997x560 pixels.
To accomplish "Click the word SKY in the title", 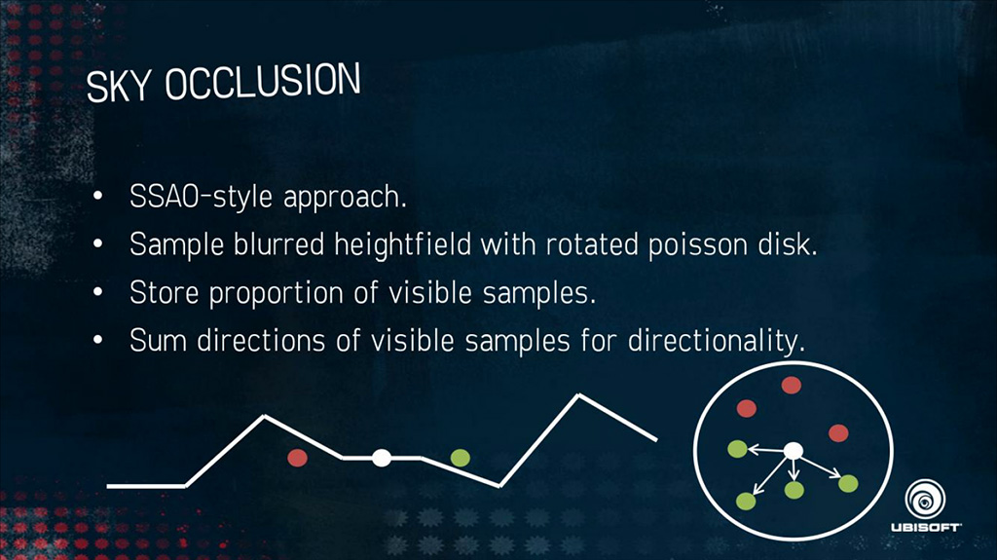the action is pyautogui.click(x=119, y=87).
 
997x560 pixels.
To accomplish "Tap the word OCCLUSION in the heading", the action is pyautogui.click(x=263, y=81).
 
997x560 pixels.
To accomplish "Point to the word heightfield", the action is pyautogui.click(x=402, y=244).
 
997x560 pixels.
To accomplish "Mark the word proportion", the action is pyautogui.click(x=276, y=293).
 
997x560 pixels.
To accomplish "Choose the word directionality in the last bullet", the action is pyautogui.click(x=716, y=341).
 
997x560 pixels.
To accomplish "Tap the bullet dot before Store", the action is pyautogui.click(x=97, y=292).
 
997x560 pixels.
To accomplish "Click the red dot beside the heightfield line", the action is pyautogui.click(x=297, y=458).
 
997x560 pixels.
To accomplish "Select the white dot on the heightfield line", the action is pyautogui.click(x=382, y=458).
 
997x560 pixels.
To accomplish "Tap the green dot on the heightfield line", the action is pyautogui.click(x=461, y=458).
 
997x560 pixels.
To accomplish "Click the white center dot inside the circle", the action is pyautogui.click(x=793, y=451).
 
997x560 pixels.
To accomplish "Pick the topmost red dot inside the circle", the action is pyautogui.click(x=791, y=385).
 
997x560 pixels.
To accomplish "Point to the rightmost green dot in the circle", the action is pyautogui.click(x=848, y=484).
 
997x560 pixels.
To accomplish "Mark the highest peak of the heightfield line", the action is pyautogui.click(x=578, y=395).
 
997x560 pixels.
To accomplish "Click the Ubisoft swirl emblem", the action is pyautogui.click(x=925, y=499).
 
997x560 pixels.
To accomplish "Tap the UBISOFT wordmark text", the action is pyautogui.click(x=926, y=527).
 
